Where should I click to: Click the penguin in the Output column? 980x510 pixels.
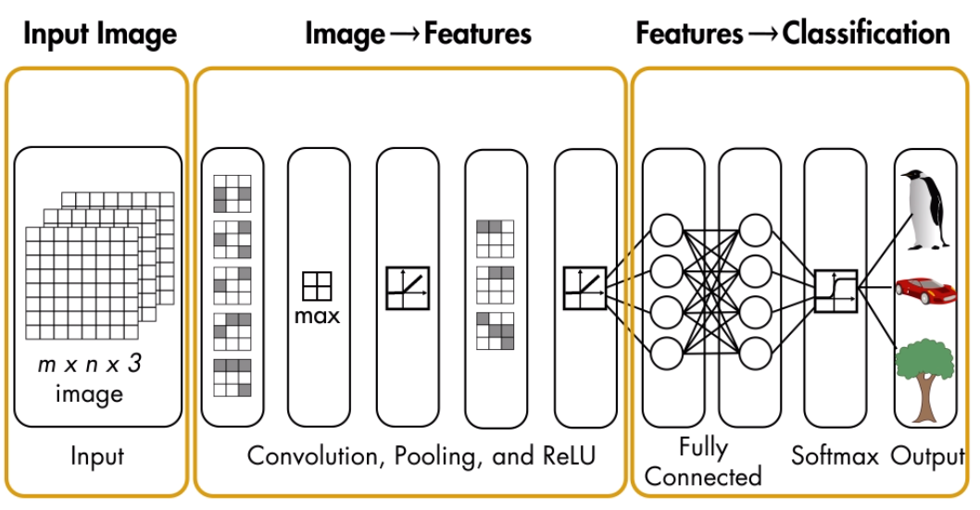click(x=927, y=210)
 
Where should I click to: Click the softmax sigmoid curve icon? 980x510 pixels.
click(x=836, y=290)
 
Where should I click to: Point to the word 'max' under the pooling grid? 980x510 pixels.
click(x=318, y=316)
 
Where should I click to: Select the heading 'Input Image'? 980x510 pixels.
click(x=100, y=34)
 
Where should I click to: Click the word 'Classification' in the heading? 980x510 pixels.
click(x=865, y=34)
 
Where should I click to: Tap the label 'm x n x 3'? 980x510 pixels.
click(x=89, y=365)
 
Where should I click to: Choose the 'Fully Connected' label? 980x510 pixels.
click(x=703, y=461)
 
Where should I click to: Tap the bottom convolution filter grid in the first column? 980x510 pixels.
click(x=232, y=378)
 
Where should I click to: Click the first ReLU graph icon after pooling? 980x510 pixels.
click(x=408, y=288)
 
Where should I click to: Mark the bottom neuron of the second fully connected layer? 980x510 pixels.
click(x=756, y=353)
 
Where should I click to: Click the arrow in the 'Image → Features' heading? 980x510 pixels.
click(x=406, y=35)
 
